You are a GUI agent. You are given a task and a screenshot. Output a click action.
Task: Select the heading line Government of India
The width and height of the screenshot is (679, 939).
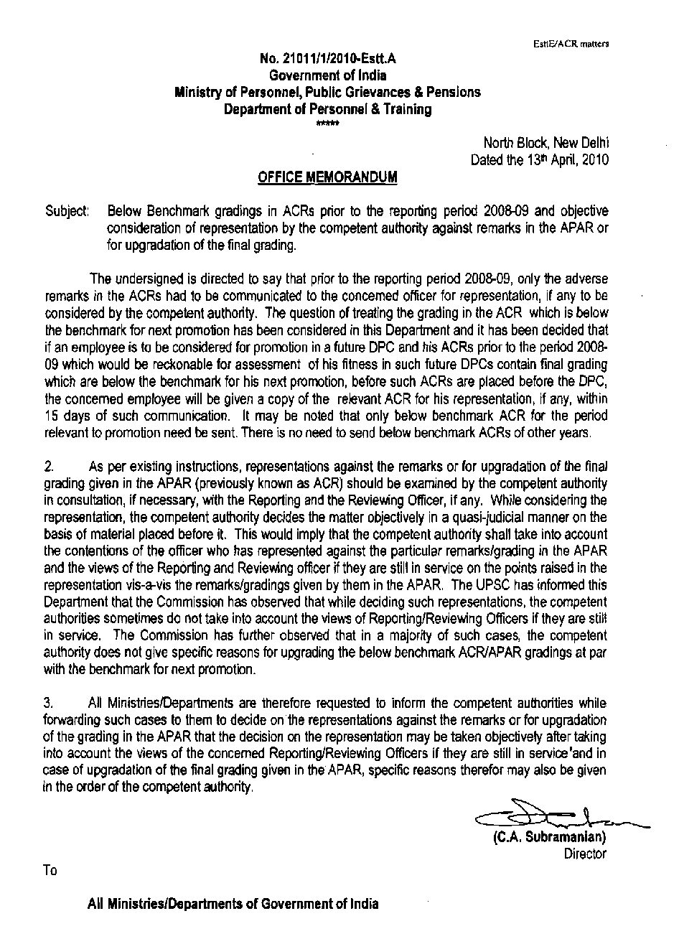tap(327, 75)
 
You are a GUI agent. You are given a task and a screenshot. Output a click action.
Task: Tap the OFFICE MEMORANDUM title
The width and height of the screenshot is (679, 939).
tap(327, 177)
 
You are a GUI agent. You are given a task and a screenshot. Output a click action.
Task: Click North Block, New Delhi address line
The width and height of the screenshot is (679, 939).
tap(546, 144)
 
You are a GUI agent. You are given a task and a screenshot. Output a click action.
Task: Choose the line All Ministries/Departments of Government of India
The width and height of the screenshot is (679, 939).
tap(233, 904)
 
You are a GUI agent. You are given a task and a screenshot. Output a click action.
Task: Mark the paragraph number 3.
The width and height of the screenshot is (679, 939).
tap(48, 703)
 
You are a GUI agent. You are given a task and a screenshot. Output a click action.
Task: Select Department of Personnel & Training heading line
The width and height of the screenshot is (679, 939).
tap(327, 109)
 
